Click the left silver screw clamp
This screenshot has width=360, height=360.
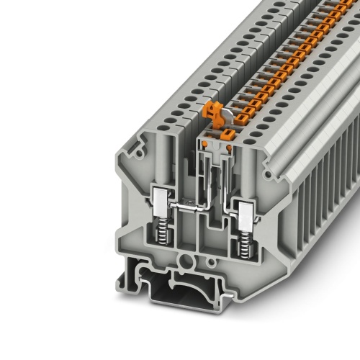[x=159, y=215]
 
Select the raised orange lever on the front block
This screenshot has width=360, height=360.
[x=213, y=110]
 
